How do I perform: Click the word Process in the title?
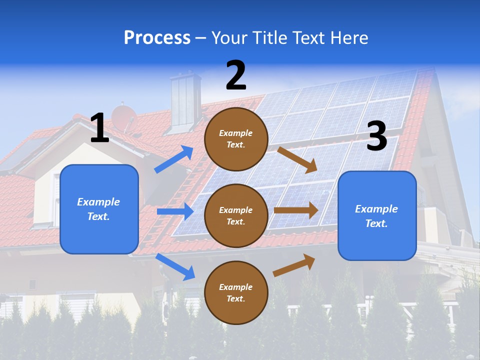[157, 38]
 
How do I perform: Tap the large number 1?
[99, 128]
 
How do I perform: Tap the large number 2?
[236, 75]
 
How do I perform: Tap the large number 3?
[376, 136]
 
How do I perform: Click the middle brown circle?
[236, 215]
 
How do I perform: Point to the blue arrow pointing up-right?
[174, 159]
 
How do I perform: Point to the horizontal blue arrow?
[175, 211]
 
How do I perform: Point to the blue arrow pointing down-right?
[175, 266]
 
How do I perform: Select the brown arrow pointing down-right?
[298, 159]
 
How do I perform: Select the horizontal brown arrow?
[296, 210]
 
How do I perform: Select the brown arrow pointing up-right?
[294, 265]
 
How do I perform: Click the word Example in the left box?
[98, 202]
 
